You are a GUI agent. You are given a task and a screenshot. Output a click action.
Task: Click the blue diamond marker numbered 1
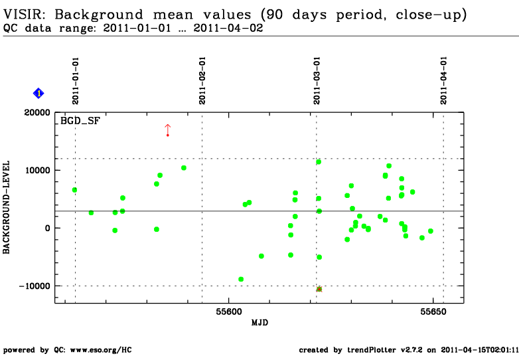(38, 94)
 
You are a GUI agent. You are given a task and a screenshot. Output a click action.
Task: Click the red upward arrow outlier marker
(168, 130)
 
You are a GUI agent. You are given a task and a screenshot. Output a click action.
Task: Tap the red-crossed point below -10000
(319, 289)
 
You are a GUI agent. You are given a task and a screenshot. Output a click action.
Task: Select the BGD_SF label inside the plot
(80, 121)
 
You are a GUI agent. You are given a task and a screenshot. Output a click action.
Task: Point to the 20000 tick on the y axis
(37, 113)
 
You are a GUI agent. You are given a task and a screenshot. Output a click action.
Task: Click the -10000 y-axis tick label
(35, 286)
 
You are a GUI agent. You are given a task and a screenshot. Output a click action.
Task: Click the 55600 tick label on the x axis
(229, 312)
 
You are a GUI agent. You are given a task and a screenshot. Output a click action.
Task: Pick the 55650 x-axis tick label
(433, 312)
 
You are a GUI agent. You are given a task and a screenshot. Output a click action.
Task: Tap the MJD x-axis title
(259, 323)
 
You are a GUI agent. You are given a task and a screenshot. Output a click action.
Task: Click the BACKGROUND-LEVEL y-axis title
(6, 207)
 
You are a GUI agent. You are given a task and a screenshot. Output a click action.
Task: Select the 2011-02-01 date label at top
(202, 80)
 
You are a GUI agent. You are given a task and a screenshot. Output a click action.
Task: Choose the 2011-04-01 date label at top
(443, 80)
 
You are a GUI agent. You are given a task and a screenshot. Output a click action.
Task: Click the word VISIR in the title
(23, 15)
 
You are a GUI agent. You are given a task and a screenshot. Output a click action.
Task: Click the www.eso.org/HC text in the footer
(101, 350)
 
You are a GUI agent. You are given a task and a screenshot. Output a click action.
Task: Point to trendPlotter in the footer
(372, 350)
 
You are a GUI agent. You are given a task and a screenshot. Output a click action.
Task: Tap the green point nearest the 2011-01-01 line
(74, 190)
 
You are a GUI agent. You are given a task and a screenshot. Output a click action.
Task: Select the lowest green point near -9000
(241, 279)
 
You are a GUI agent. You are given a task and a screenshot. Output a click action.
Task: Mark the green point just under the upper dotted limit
(319, 162)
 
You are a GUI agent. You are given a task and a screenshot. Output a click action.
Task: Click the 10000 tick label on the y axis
(37, 170)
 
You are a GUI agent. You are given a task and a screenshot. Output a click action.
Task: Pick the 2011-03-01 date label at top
(317, 80)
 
